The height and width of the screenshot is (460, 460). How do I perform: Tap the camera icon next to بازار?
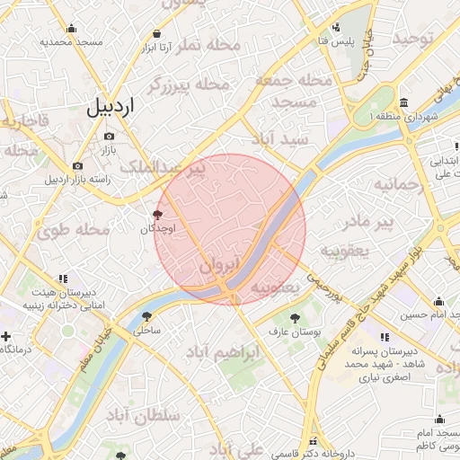click(110, 135)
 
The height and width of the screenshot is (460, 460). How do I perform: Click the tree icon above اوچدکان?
click(159, 215)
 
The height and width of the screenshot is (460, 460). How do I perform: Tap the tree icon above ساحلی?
click(146, 316)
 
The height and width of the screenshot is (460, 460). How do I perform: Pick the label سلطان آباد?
click(144, 415)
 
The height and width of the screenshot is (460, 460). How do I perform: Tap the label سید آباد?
click(279, 139)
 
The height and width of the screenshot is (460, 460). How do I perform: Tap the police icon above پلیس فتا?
click(336, 28)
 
